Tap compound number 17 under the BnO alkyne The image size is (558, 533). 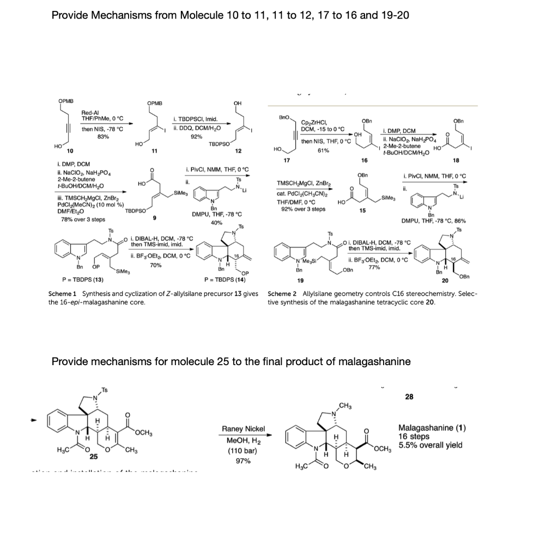282,160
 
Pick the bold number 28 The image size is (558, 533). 409,397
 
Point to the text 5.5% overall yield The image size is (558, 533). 430,445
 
